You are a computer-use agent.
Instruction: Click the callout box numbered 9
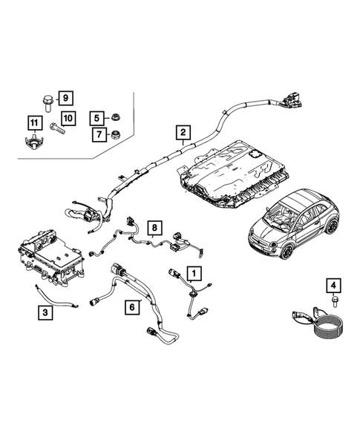65,98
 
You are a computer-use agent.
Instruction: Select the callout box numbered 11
33,122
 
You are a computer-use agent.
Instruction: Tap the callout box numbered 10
68,119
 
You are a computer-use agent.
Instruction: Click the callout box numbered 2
181,134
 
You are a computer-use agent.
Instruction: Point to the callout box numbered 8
154,227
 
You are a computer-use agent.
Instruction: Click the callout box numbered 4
333,285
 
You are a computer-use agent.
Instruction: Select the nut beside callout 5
116,117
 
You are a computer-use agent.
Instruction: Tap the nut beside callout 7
116,135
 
